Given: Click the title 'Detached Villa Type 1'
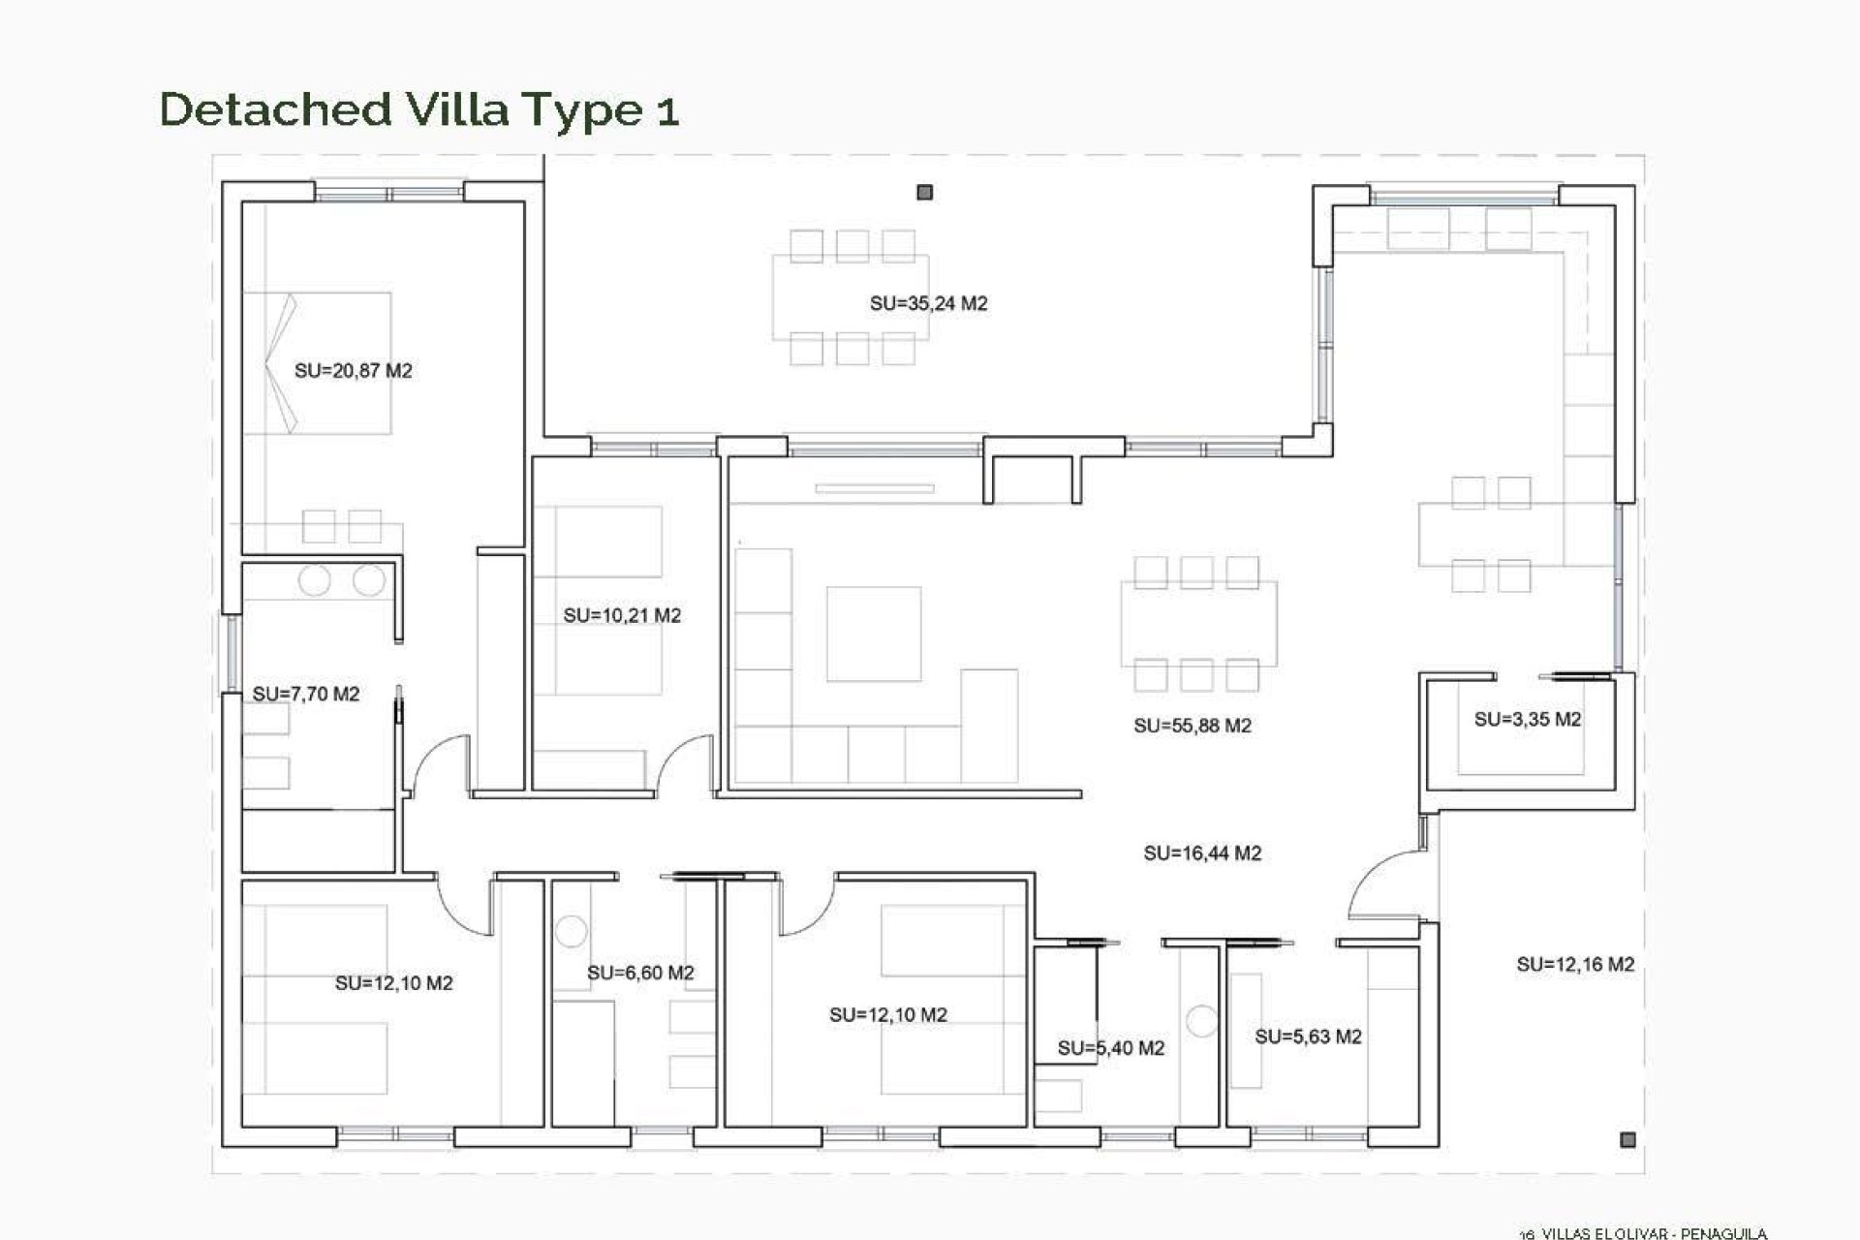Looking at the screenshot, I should tap(418, 109).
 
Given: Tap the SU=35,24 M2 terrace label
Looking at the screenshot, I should tap(928, 303).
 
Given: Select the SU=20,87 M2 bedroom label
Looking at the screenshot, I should tap(353, 370).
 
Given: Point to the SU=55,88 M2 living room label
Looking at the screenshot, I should tap(1193, 726).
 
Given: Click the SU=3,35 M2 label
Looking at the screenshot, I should tap(1527, 719).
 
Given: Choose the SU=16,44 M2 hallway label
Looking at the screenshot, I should tap(1202, 853).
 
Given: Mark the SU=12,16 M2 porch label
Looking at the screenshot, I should tap(1575, 964).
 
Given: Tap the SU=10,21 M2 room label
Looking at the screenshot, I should tap(622, 615).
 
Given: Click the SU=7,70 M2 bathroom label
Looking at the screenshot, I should tap(306, 694).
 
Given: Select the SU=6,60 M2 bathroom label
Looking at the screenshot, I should tap(640, 973).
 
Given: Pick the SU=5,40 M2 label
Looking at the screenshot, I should tap(1110, 1047).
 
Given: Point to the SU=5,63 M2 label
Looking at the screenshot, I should tap(1308, 1037).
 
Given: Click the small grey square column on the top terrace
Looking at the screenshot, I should tap(924, 193).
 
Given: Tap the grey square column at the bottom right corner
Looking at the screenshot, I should tap(1627, 1140).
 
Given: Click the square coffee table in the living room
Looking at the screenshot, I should tap(873, 634).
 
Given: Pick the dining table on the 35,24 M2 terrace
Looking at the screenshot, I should tap(851, 297).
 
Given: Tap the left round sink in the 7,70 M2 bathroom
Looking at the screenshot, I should tap(315, 581).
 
